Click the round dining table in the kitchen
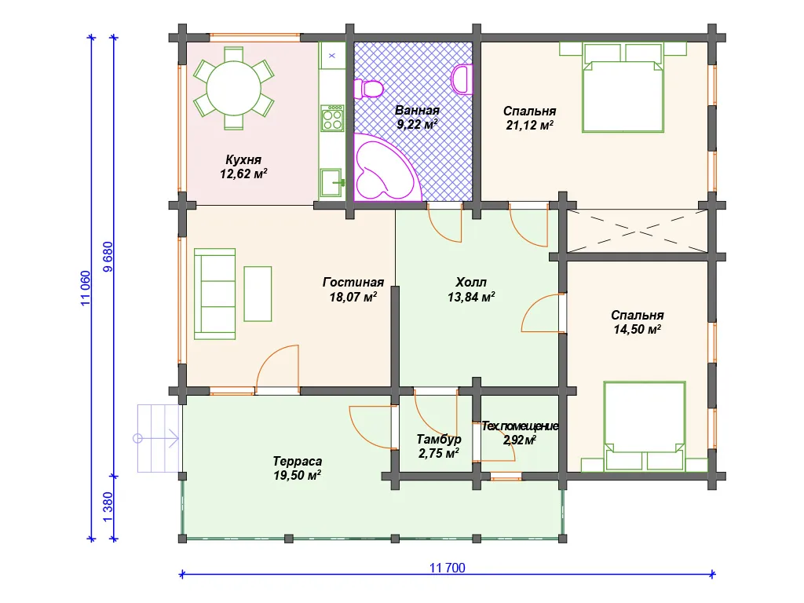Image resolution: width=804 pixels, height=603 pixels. [x=233, y=88]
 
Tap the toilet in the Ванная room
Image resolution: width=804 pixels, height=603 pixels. [x=369, y=90]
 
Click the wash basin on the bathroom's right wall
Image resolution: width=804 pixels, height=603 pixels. [x=462, y=79]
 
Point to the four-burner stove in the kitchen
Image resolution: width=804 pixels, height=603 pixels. [x=332, y=118]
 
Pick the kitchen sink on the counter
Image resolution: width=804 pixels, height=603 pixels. [x=332, y=183]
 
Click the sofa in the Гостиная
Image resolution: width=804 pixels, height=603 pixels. [x=215, y=294]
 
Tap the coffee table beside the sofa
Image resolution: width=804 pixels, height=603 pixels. [x=258, y=294]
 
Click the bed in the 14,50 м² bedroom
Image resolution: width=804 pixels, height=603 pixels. [x=645, y=426]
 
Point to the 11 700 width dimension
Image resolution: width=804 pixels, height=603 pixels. [x=447, y=568]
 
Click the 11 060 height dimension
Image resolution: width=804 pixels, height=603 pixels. [x=85, y=289]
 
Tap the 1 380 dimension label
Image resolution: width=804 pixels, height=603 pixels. [x=108, y=507]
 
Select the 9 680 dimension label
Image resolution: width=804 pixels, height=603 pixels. [x=108, y=257]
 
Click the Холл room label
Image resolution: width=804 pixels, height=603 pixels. [x=471, y=282]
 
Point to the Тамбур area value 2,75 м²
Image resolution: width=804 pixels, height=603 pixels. [x=438, y=453]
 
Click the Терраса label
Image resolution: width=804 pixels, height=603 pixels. [x=298, y=461]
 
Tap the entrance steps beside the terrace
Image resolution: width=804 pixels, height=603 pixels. [x=159, y=438]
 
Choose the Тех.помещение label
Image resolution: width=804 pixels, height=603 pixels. [x=520, y=426]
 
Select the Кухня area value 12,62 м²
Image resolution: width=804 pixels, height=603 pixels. [x=243, y=174]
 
